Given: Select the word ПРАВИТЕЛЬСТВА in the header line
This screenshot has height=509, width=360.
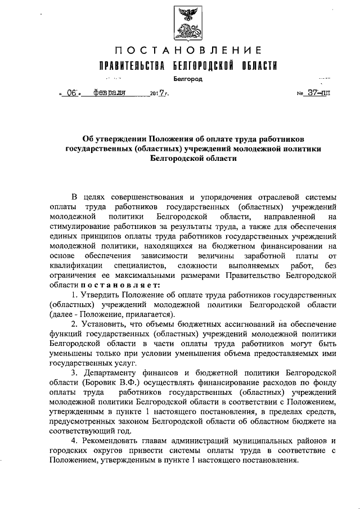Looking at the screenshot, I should point(132,66).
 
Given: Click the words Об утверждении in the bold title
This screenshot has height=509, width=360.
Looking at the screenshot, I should point(110,139).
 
